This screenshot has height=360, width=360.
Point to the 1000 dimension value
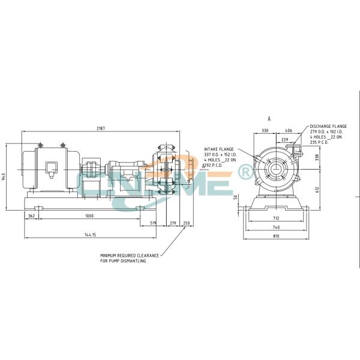pyautogui.click(x=89, y=215)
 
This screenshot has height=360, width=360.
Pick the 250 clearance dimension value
pyautogui.click(x=186, y=223)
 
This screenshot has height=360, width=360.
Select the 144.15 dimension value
pyautogui.click(x=91, y=235)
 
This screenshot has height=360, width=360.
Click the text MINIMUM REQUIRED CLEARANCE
pyautogui.click(x=130, y=255)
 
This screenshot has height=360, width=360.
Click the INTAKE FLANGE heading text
pyautogui.click(x=218, y=148)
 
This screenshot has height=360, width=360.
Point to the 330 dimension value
pyautogui.click(x=265, y=130)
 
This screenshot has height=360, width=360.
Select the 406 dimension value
pyautogui.click(x=289, y=130)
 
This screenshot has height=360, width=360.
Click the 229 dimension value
pyautogui.click(x=286, y=140)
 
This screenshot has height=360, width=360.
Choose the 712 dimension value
pyautogui.click(x=275, y=219)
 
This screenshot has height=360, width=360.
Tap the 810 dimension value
pyautogui.click(x=275, y=236)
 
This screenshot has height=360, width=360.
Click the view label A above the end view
pyautogui.click(x=269, y=119)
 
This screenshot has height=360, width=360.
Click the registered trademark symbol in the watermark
pyautogui.click(x=245, y=173)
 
